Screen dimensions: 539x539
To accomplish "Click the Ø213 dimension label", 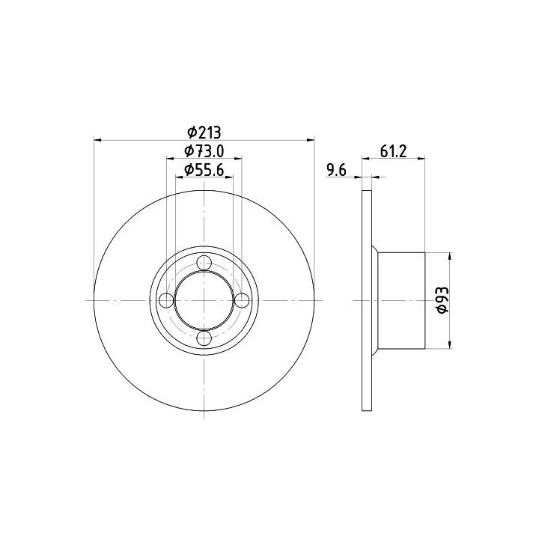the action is [x=204, y=132].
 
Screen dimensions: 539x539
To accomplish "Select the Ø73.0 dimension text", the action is [x=204, y=150].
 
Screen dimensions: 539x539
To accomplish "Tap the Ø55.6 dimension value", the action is [x=204, y=169].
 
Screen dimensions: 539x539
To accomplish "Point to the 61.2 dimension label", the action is [x=393, y=151].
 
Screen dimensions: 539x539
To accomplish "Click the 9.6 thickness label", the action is [x=336, y=170].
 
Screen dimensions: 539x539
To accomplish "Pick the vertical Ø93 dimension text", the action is [x=442, y=299].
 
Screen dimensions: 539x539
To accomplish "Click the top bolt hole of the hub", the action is [x=204, y=263].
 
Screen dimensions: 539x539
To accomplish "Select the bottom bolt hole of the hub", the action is [x=204, y=338].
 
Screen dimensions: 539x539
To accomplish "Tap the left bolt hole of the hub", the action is [x=167, y=301].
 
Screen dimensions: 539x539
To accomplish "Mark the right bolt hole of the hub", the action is [x=242, y=301].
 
